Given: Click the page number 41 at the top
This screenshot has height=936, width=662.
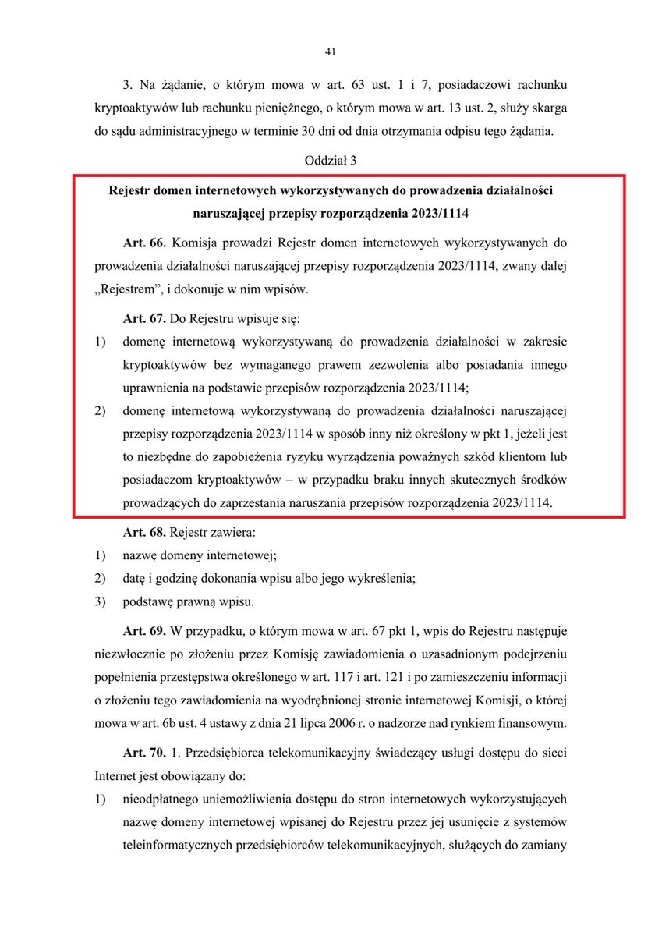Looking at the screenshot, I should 330,52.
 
